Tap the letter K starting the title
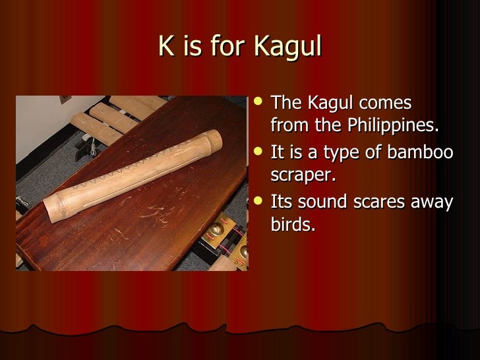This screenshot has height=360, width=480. pos(165,47)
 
